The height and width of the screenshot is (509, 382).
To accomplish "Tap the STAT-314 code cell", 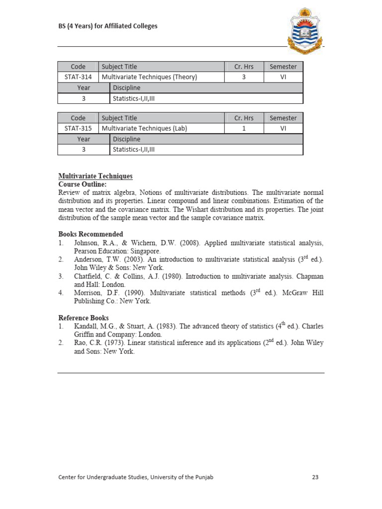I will point(78,77).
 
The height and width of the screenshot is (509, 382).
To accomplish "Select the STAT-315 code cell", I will point(78,128).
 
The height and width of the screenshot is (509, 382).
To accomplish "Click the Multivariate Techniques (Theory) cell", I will point(150,77).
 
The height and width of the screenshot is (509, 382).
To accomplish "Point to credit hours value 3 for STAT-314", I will point(244,77).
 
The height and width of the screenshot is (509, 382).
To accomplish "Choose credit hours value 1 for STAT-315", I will point(244,128).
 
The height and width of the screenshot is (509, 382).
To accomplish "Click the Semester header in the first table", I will point(283,67).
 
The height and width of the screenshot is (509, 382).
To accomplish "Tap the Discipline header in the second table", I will point(127,139).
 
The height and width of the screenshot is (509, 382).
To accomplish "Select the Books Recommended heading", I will point(91,234).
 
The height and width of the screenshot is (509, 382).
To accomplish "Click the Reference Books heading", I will point(84,318).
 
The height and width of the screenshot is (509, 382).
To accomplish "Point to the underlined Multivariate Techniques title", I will point(95,176).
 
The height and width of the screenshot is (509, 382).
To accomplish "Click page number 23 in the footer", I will point(315,477).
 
